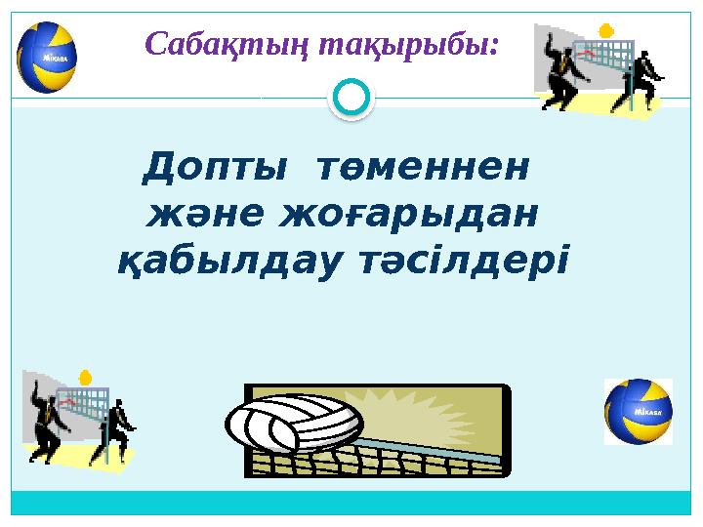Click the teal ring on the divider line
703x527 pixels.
click(351, 98)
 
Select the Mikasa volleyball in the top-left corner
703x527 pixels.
click(47, 56)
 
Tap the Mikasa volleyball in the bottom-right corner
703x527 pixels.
click(638, 411)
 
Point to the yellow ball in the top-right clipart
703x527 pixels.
click(606, 29)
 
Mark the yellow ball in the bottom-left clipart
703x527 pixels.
click(85, 376)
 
